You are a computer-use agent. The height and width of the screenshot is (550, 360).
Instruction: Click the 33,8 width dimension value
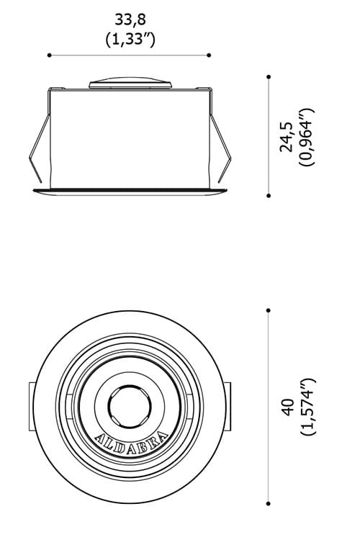pyautogui.click(x=130, y=19)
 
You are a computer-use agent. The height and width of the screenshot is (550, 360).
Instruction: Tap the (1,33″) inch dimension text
pyautogui.click(x=130, y=39)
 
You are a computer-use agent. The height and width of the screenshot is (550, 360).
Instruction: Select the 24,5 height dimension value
pyautogui.click(x=287, y=137)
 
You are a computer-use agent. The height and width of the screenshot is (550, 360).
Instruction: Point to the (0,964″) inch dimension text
pyautogui.click(x=307, y=137)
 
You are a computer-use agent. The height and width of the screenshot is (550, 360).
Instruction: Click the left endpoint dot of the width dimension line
pyautogui.click(x=49, y=55)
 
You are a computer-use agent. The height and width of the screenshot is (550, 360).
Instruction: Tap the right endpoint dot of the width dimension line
pyautogui.click(x=210, y=55)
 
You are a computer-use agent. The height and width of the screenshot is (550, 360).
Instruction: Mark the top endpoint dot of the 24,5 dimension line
pyautogui.click(x=269, y=76)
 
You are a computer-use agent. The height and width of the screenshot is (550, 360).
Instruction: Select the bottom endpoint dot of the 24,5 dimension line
pyautogui.click(x=269, y=194)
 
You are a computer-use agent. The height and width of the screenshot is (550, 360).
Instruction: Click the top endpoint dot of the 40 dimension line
pyautogui.click(x=269, y=310)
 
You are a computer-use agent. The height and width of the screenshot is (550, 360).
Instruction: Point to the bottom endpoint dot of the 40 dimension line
pyautogui.click(x=269, y=503)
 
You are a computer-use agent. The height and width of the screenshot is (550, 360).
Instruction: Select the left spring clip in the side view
pyautogui.click(x=40, y=148)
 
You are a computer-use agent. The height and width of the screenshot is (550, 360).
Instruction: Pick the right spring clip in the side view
pyautogui.click(x=221, y=148)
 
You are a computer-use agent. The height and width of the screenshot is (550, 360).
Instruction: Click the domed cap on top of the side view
pyautogui.click(x=130, y=81)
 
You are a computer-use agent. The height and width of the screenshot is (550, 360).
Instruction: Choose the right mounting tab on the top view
pyautogui.click(x=229, y=407)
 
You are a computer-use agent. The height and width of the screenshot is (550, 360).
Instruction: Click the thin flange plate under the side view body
pyautogui.click(x=130, y=191)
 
